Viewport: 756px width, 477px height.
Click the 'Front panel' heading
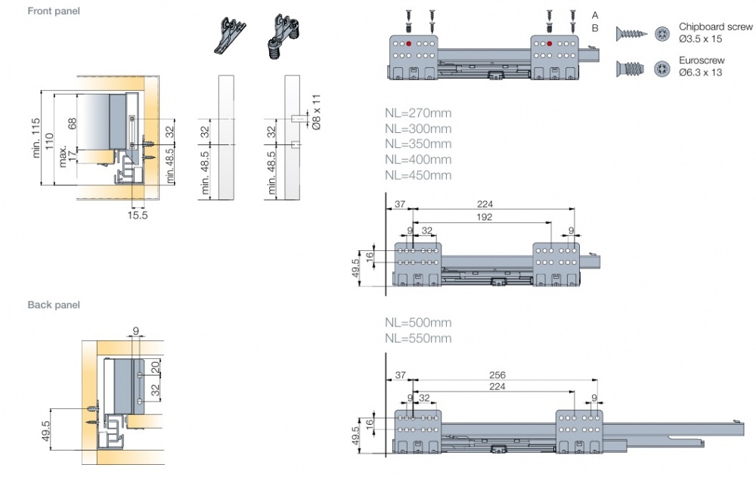pos(54,11)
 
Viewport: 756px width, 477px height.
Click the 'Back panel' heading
pos(54,305)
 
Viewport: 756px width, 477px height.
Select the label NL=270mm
pos(417,113)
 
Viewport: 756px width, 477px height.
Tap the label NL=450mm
pos(417,175)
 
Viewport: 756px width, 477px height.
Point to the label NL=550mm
pos(417,338)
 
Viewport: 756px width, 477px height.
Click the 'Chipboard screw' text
pos(716,26)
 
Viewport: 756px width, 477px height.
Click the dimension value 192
pos(485,217)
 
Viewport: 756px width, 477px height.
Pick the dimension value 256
pos(497,375)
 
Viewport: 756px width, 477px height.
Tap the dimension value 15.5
pos(138,215)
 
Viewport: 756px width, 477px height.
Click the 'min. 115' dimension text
pos(36,138)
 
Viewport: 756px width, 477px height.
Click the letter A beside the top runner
pos(595,15)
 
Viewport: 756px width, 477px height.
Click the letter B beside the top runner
pos(595,28)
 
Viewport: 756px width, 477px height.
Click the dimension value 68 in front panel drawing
pos(73,124)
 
